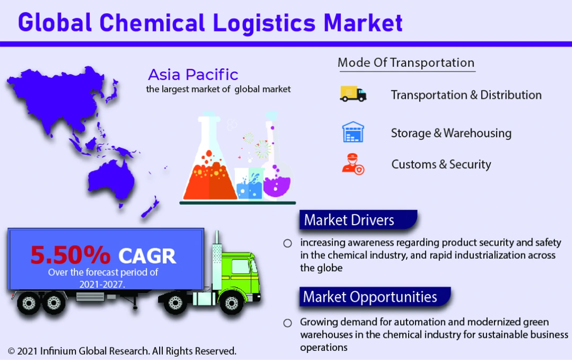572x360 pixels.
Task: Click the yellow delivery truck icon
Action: (x=353, y=93)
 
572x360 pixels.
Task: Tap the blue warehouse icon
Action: (x=353, y=132)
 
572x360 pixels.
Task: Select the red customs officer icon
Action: (x=353, y=164)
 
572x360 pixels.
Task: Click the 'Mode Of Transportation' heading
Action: (x=406, y=63)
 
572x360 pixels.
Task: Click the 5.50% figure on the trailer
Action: (x=70, y=255)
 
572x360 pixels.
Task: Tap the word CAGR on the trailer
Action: (x=147, y=256)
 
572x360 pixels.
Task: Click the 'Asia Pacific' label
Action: (x=193, y=75)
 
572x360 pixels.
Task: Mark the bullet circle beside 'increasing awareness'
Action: (x=288, y=243)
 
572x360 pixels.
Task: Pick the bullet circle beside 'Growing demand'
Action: (x=288, y=323)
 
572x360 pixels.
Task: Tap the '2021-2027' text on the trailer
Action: (x=102, y=284)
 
